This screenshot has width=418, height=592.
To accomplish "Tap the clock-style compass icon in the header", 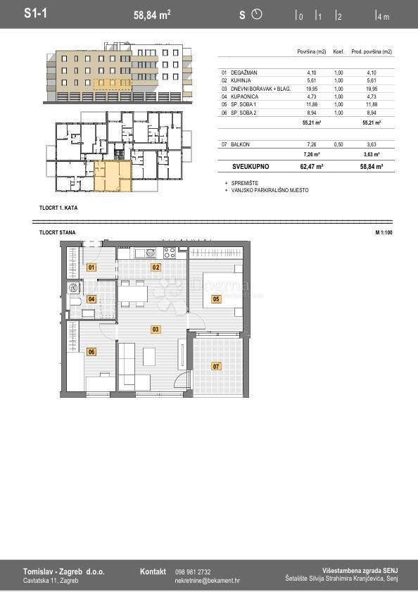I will pos(256,14).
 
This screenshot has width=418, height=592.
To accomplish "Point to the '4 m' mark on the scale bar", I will pos(383,16).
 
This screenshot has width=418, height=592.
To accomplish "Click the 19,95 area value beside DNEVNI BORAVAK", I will pos(312,89).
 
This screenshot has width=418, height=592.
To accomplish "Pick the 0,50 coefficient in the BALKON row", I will pos(338,144).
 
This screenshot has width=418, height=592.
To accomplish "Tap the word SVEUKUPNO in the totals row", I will pos(251,167).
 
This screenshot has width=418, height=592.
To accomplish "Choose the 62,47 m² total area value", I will pos(312,167).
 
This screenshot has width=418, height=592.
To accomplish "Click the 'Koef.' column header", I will pos(338,52).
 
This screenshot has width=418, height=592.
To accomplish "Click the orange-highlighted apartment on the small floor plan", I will pos(111,175).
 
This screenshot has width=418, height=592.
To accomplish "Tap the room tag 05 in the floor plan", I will pos(216,299).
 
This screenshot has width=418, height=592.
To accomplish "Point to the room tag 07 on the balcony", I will pos(216,366).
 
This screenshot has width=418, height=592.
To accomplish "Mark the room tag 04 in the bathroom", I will pos(91,299).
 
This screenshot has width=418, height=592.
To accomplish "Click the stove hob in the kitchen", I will pos(170,253).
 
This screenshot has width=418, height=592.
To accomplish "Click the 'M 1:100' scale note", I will pos(384,232).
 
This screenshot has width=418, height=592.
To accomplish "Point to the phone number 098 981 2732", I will pos(193,572).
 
